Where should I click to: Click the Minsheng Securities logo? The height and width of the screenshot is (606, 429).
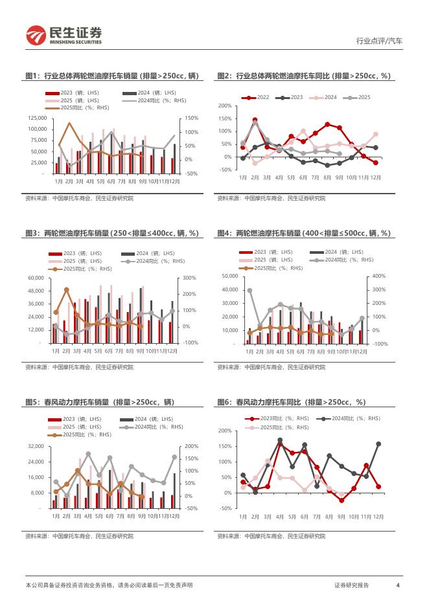64,35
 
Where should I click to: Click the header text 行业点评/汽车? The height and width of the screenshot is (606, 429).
379,41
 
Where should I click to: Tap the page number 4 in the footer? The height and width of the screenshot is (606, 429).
397,585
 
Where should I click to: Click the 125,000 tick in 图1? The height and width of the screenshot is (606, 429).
36,118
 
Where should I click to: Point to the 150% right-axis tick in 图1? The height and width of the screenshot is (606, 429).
191,118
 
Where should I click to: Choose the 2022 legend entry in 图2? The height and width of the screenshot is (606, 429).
259,97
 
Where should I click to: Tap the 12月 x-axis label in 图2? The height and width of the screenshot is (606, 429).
376,177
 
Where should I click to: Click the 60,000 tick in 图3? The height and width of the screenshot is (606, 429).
36,278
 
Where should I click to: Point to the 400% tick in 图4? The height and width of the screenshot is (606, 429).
380,276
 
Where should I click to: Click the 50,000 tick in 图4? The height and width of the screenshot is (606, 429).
230,276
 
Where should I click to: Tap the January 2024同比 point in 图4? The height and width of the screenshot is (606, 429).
249,291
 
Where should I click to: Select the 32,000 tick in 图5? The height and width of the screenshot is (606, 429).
36,446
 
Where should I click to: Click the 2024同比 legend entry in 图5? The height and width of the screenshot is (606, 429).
148,427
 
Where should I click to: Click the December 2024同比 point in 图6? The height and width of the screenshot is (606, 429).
378,444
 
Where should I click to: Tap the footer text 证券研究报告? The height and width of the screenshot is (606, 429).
352,585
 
